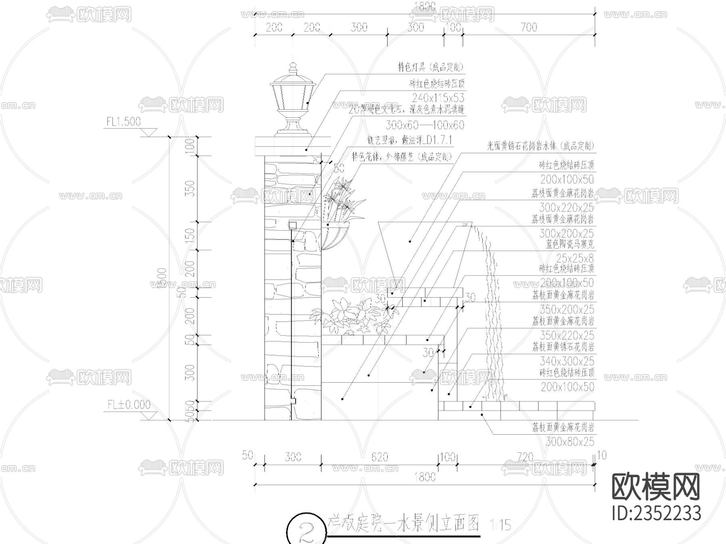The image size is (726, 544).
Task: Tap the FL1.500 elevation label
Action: (x=123, y=122)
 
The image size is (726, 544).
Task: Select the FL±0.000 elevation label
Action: (x=129, y=404)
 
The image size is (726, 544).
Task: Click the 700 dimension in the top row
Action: (x=529, y=27)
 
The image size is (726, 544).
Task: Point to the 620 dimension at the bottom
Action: (x=379, y=456)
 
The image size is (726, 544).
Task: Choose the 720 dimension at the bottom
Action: (x=525, y=456)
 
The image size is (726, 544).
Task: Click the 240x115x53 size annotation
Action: (x=438, y=98)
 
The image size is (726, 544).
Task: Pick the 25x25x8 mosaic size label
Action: (x=575, y=258)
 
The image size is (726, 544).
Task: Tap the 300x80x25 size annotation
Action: (x=570, y=442)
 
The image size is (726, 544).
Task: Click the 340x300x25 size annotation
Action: (x=567, y=361)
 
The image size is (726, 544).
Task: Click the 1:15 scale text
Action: (x=501, y=525)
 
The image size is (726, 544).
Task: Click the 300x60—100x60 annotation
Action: (x=425, y=125)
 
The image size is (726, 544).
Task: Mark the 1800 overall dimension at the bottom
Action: (x=425, y=477)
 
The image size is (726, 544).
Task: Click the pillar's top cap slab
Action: (x=292, y=146)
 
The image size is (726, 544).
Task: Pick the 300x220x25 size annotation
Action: (x=566, y=208)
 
